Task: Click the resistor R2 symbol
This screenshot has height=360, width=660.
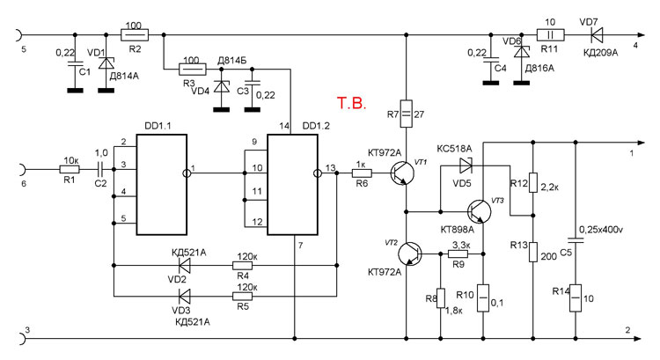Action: [x=135, y=35]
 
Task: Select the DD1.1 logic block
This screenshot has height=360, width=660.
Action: [x=161, y=185]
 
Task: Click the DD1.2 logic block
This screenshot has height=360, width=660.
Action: [x=294, y=185]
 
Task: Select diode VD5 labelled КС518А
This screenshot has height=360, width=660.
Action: [x=466, y=163]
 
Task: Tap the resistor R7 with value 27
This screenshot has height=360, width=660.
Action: [x=407, y=113]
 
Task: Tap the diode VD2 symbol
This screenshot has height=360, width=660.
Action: [x=185, y=263]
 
